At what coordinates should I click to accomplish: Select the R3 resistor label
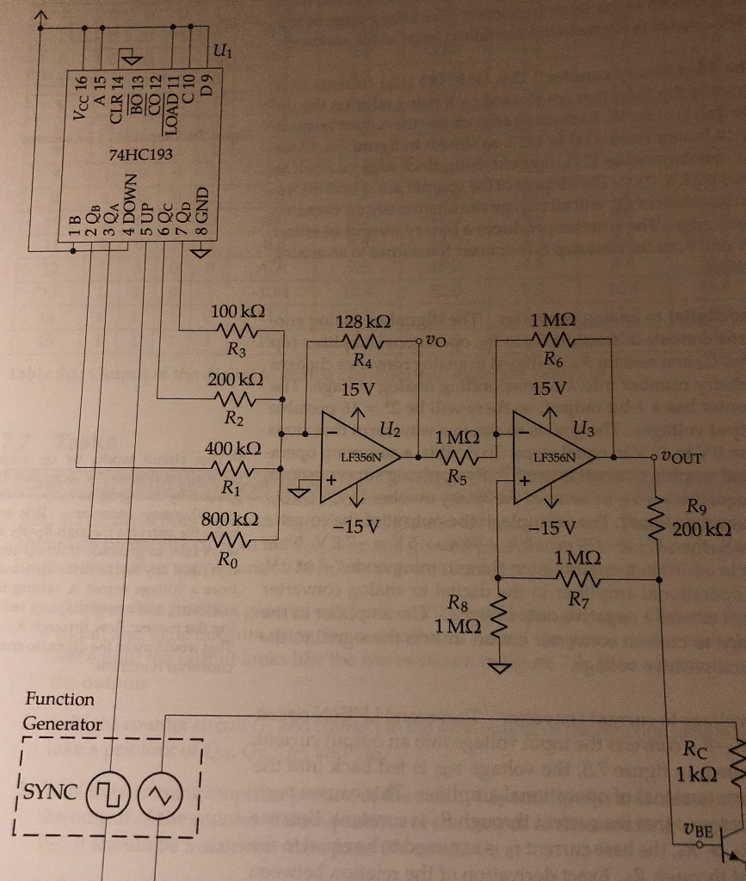point(236,350)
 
